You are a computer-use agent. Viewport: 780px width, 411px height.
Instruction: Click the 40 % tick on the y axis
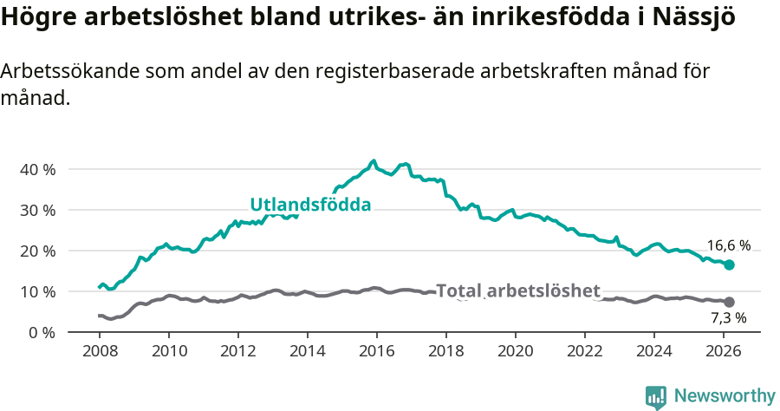(x=36, y=169)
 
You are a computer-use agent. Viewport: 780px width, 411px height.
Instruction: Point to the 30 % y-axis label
(x=36, y=210)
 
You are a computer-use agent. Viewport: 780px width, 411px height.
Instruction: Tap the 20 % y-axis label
(x=36, y=251)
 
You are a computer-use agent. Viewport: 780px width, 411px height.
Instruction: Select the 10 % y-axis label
(x=36, y=291)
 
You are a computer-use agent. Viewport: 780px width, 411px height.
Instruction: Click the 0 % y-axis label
(x=40, y=332)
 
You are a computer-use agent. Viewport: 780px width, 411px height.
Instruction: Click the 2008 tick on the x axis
(x=100, y=350)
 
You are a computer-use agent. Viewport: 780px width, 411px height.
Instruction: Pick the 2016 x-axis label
(x=377, y=350)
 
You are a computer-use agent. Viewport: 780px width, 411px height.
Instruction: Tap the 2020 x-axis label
(x=516, y=350)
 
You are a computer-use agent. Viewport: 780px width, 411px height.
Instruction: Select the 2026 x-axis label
(x=724, y=350)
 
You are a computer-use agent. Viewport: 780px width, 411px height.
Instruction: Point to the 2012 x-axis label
(x=238, y=350)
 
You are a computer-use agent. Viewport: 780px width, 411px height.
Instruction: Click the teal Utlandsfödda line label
(x=310, y=205)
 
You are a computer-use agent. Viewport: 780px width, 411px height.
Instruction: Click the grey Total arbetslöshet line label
(x=517, y=290)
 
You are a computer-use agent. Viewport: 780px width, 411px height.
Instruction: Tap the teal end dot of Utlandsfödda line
(x=729, y=264)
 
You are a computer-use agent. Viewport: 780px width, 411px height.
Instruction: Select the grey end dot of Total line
(x=729, y=302)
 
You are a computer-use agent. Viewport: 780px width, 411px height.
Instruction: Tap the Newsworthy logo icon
(x=655, y=396)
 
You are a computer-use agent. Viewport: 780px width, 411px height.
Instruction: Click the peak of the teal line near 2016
(x=374, y=160)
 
